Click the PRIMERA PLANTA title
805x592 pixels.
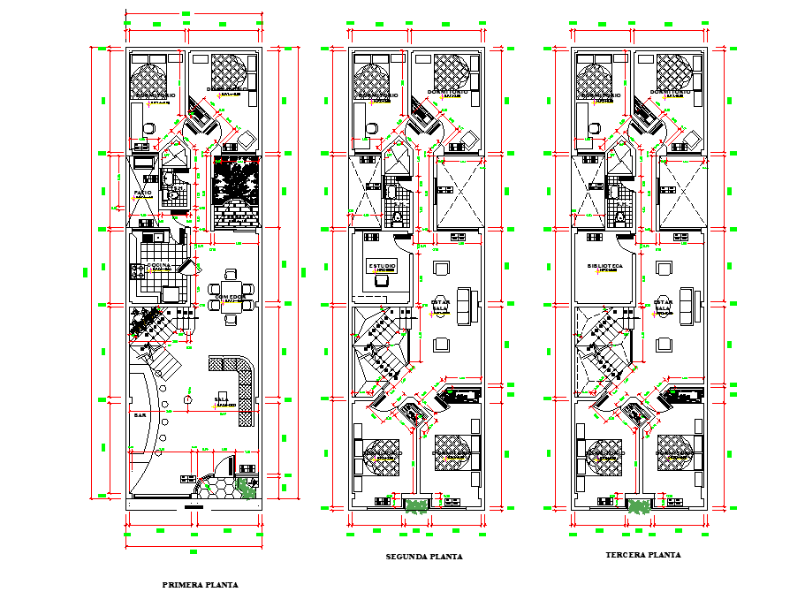[200, 584]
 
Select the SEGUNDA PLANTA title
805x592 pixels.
[424, 558]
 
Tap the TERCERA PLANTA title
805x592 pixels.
[643, 555]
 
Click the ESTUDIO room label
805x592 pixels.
[382, 265]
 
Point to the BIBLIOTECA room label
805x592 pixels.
[605, 265]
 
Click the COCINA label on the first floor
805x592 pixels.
[160, 265]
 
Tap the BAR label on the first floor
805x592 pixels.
[140, 414]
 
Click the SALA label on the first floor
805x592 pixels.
[220, 398]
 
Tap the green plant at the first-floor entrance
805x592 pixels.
[248, 489]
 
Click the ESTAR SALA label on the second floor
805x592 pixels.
[439, 306]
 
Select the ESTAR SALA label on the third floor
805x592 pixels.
[661, 306]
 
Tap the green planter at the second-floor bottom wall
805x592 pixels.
[414, 505]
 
